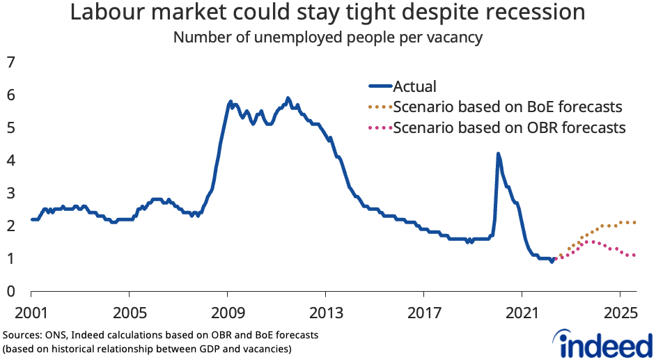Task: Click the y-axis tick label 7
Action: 10,63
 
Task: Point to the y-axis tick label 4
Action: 10,160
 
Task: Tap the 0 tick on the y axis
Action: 10,291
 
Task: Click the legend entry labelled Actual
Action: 414,86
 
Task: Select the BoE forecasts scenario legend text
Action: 507,107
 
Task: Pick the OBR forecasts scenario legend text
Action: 509,128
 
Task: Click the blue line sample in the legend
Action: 380,86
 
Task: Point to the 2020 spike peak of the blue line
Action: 498,154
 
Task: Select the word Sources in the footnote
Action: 20,335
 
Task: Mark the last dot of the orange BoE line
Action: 634,223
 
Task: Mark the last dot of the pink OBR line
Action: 634,255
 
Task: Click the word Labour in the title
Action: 104,13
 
